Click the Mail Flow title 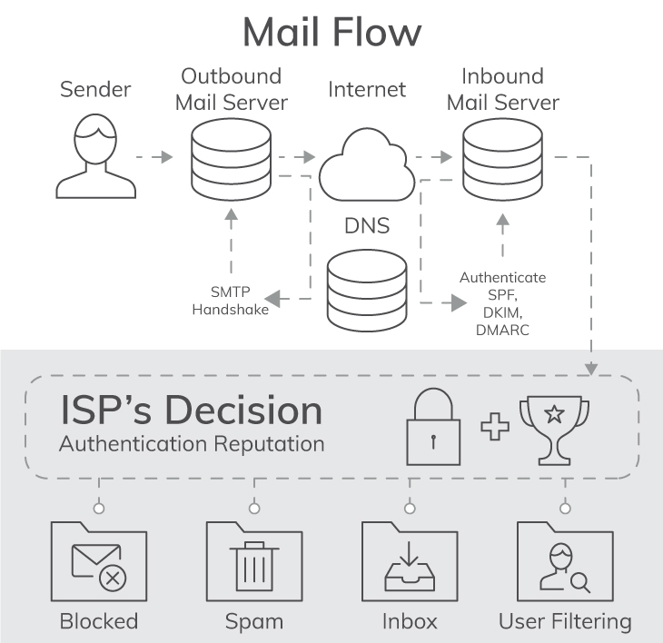coord(331,32)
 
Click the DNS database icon coord(366,291)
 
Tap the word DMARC coord(502,331)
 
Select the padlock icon coord(432,428)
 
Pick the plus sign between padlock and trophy coord(495,427)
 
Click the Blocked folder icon coord(99,561)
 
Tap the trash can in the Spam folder coord(253,565)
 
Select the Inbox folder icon coord(409,561)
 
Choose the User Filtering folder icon coord(564,561)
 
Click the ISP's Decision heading coord(191,411)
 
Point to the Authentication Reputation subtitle coord(191,444)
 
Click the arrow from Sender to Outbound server coord(153,157)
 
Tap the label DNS coord(366,224)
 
